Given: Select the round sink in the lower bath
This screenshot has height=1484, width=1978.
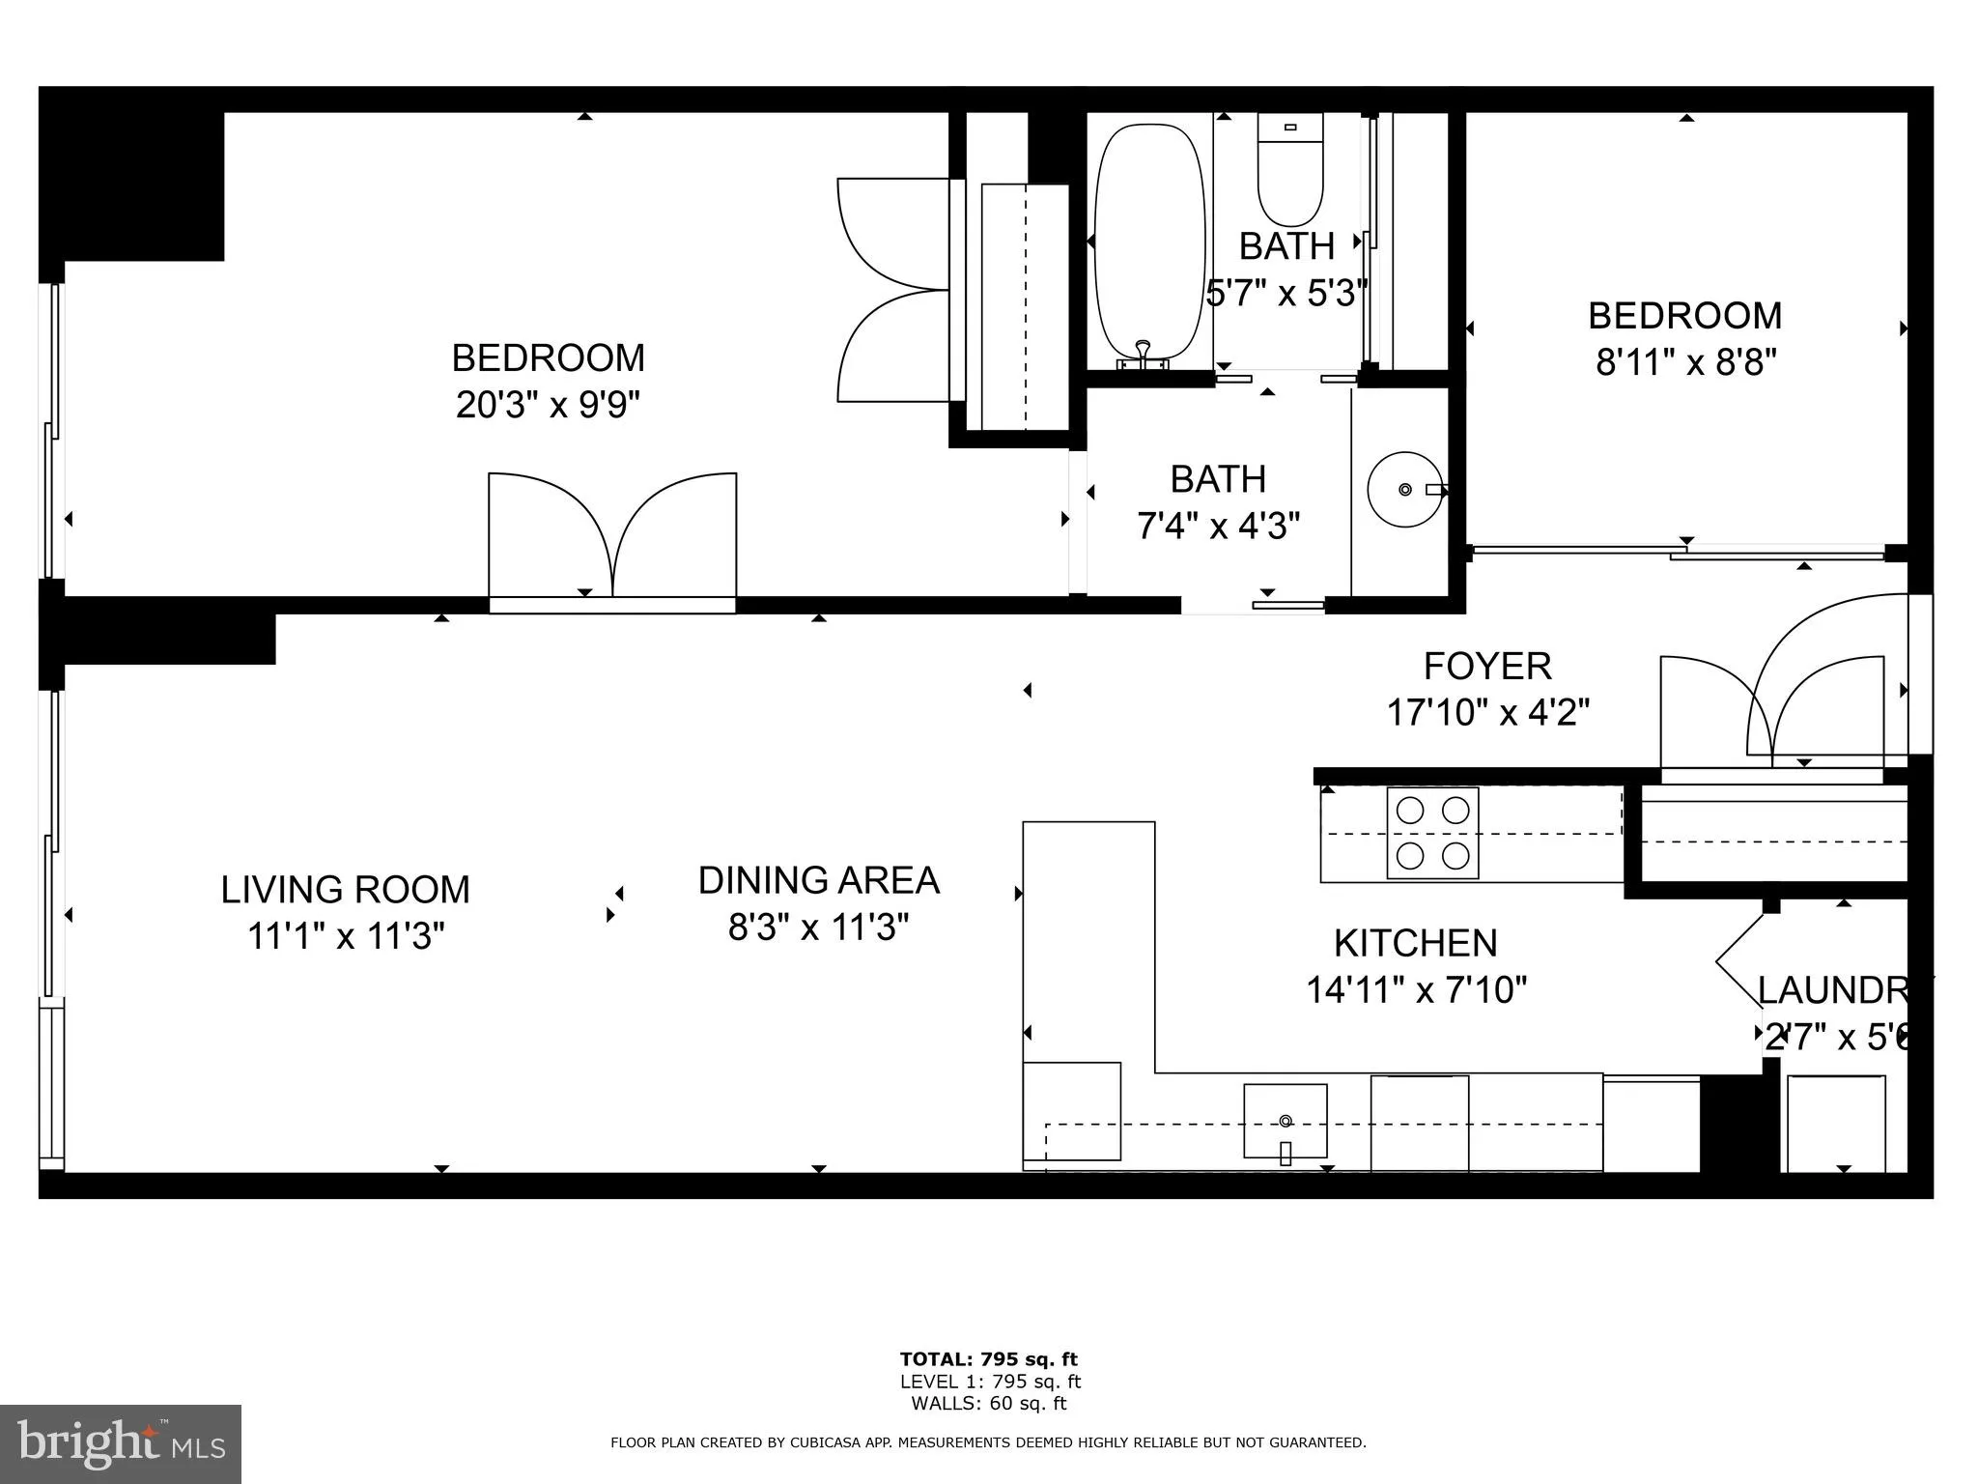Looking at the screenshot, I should click(1405, 490).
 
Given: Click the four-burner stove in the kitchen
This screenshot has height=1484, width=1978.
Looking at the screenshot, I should click(1432, 833).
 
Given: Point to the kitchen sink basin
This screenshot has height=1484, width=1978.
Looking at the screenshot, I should click(1285, 1121).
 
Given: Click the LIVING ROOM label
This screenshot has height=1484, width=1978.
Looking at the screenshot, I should click(345, 890).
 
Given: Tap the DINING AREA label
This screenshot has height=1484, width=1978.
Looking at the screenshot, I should click(818, 880).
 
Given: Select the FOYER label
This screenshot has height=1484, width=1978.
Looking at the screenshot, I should click(1487, 667).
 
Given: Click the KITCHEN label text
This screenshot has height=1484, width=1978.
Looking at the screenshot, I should click(1415, 943).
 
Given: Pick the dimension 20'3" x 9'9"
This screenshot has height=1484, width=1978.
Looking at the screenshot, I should click(548, 405).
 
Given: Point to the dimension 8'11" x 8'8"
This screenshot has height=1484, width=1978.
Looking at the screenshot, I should click(1685, 363).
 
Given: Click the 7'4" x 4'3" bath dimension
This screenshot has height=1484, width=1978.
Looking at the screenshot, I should click(1218, 527).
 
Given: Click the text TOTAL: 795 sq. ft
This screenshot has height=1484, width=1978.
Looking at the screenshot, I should click(988, 1360).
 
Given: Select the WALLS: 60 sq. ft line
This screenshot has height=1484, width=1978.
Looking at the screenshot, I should click(988, 1404).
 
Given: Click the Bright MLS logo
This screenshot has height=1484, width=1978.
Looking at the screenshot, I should click(121, 1444).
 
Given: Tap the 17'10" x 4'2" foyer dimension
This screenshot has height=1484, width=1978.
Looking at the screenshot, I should click(1487, 713).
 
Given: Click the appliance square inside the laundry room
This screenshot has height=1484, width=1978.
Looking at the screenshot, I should click(1835, 1123).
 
